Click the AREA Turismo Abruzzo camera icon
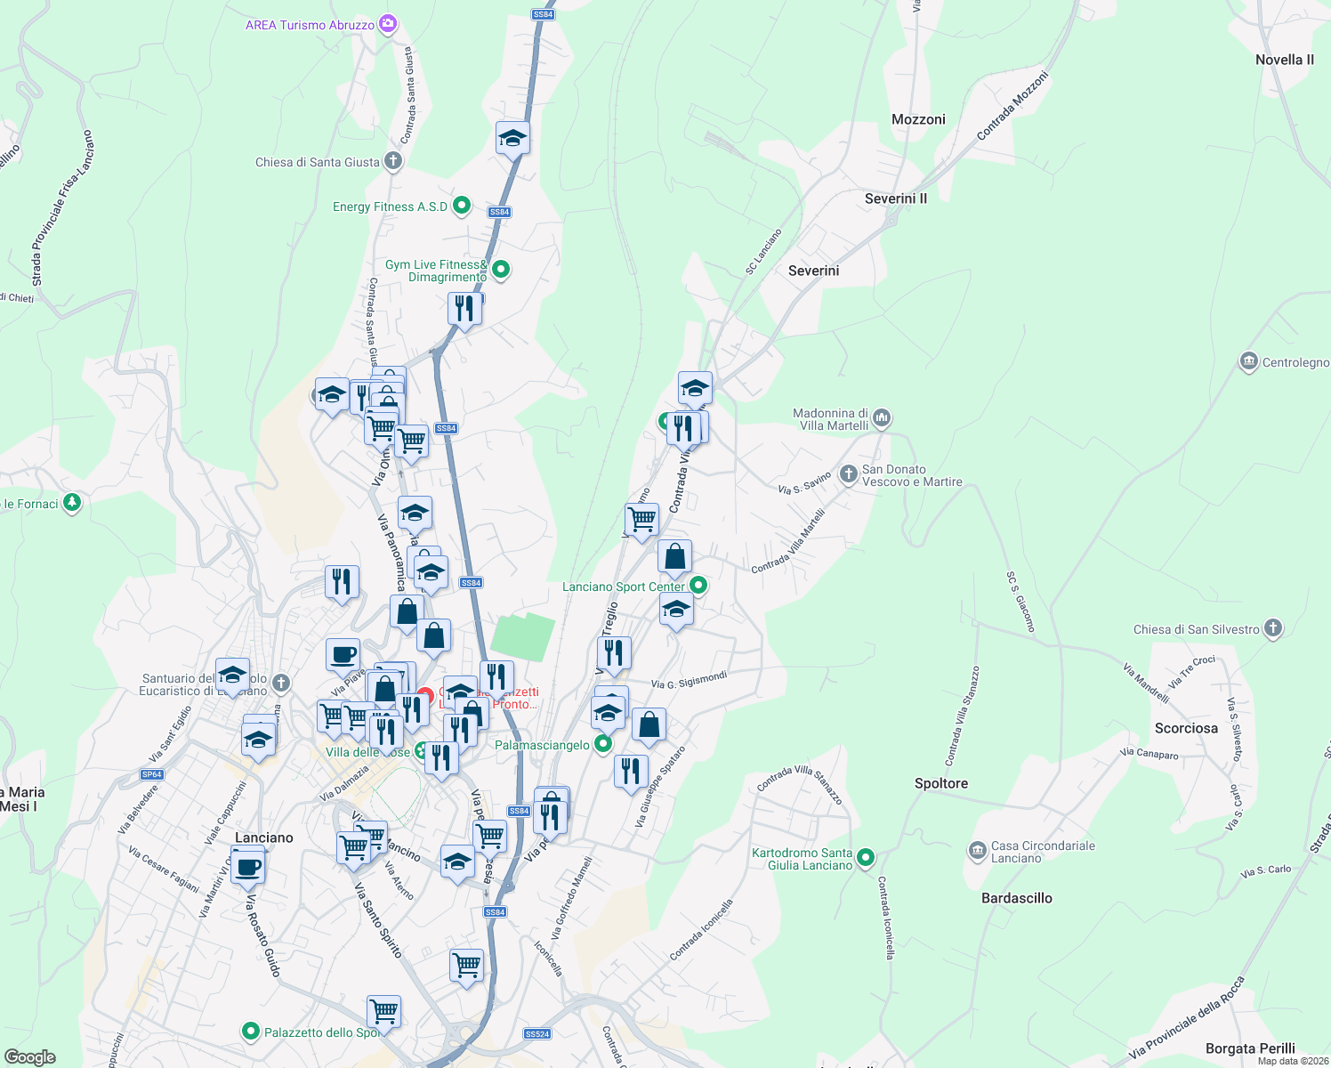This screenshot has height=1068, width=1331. click(x=388, y=24)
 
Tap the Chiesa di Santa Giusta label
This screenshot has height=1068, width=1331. click(x=318, y=162)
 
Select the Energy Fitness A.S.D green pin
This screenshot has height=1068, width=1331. click(x=462, y=206)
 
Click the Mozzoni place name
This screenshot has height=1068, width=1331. click(x=918, y=119)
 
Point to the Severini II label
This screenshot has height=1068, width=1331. click(x=895, y=198)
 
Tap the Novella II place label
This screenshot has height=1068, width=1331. click(x=1284, y=60)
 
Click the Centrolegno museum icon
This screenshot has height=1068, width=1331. click(x=1248, y=361)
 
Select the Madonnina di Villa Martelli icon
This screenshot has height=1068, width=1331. click(x=882, y=417)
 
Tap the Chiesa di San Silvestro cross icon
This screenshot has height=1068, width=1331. click(x=1273, y=628)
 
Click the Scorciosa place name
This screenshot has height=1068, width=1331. click(x=1186, y=728)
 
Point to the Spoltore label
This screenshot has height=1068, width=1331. click(x=940, y=783)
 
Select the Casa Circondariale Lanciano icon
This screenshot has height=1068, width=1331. click(x=978, y=851)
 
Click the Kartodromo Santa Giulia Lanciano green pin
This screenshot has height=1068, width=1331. click(x=866, y=858)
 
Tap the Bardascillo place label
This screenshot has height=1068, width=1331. click(x=1016, y=898)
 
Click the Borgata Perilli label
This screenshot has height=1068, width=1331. click(x=1249, y=1048)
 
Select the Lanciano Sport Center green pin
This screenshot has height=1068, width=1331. click(x=698, y=586)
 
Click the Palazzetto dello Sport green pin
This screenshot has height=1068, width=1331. click(x=251, y=1032)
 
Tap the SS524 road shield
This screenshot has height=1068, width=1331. click(x=537, y=1034)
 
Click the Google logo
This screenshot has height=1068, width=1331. click(x=30, y=1056)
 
